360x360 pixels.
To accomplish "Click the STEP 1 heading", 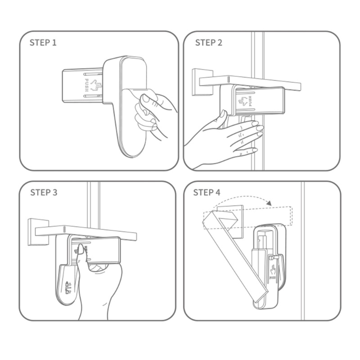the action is point(43,43).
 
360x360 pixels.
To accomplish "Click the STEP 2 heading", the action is point(209,43).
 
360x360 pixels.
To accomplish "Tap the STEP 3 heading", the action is point(44,193).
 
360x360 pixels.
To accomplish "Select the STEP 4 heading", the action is point(207,193).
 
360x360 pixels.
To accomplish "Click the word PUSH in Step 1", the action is point(87,85).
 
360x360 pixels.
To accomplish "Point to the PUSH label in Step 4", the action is point(273,278).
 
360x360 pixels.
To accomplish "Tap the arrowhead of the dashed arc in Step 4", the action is point(269,203).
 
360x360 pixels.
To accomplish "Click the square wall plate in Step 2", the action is point(202,82).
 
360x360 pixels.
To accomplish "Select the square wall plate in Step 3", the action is point(38,232).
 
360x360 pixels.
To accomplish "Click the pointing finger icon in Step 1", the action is point(94,85).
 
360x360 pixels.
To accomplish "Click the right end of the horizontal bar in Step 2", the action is point(300,87).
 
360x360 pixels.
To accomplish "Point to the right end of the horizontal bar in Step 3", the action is point(136,237).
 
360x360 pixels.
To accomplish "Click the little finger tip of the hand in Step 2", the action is point(254,150).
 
